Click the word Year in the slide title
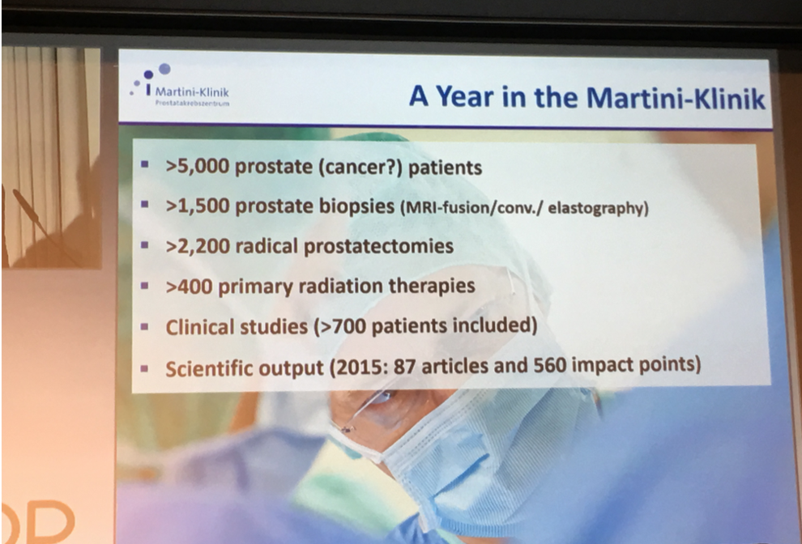click(x=466, y=96)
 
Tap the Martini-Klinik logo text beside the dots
click(x=192, y=92)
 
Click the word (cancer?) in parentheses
click(x=360, y=168)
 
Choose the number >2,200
click(x=198, y=246)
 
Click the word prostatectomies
click(x=378, y=246)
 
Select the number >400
click(x=189, y=286)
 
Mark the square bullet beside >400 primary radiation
click(x=145, y=286)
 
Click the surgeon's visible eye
click(x=385, y=397)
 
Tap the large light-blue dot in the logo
click(x=164, y=69)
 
